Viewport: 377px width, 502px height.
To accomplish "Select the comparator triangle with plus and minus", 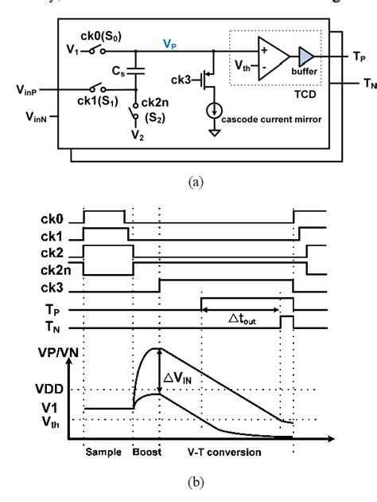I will (x=269, y=57).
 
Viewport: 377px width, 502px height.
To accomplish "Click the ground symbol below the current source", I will (x=208, y=154).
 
